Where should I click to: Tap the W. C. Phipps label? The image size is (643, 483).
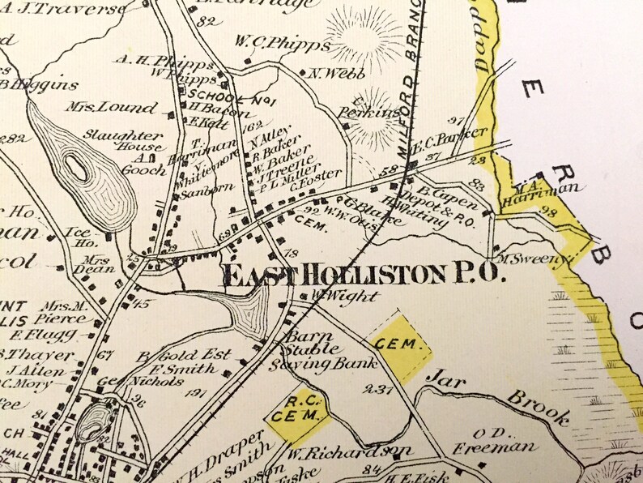tap(283, 42)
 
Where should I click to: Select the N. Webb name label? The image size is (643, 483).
tap(329, 73)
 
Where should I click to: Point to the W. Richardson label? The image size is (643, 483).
tap(349, 450)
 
